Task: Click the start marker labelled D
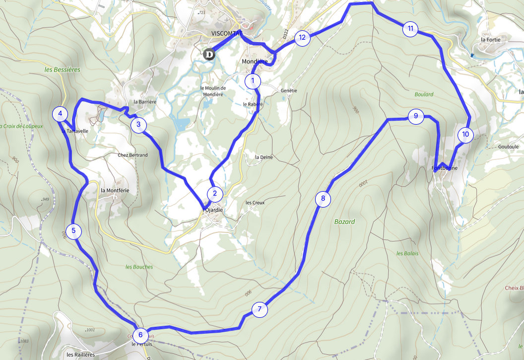point(209,54)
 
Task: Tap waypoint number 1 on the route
point(253,80)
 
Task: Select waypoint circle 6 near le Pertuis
point(140,335)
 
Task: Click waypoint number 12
point(302,38)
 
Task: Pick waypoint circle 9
point(416,117)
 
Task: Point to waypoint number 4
point(60,114)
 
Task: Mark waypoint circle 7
point(259,310)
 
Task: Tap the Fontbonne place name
point(445,168)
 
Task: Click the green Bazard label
point(344,221)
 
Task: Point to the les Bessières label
point(62,70)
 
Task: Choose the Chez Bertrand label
point(132,155)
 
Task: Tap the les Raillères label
point(80,355)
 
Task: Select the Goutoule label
point(508,147)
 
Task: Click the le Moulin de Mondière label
point(213,90)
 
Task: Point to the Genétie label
point(289,90)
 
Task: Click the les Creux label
point(255,203)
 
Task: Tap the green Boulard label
point(424,94)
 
